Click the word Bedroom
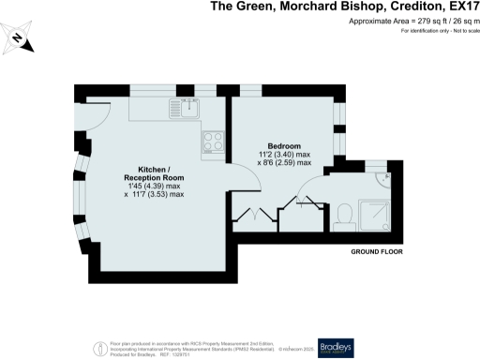click(x=283, y=147)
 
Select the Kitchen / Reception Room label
click(x=154, y=172)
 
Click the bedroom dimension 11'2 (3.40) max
click(x=284, y=156)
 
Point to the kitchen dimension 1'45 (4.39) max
click(x=154, y=186)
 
